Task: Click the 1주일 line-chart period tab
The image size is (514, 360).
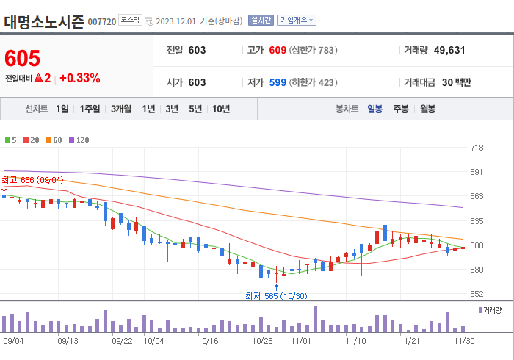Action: click(90, 109)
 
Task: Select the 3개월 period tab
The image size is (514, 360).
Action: click(121, 109)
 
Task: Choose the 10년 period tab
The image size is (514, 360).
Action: click(220, 109)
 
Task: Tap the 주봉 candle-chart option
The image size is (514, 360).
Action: click(400, 109)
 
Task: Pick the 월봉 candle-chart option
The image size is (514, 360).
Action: click(427, 109)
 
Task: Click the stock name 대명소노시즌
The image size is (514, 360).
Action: click(43, 21)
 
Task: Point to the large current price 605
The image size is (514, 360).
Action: click(23, 58)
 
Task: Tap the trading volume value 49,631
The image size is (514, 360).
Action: click(449, 51)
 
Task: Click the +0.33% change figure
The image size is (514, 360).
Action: click(80, 78)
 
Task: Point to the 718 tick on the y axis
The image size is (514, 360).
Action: click(477, 148)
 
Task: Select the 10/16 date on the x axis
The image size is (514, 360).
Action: click(209, 341)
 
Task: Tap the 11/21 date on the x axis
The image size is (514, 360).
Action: click(409, 341)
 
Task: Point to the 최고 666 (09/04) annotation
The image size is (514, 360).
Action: click(32, 180)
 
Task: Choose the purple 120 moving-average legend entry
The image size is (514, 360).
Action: click(79, 140)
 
